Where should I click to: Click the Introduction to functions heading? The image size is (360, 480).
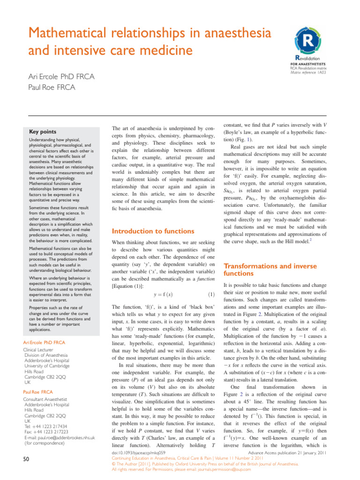click(152, 231)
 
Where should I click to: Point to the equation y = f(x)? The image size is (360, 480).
click(163, 294)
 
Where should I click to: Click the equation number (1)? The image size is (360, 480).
click(211, 294)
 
